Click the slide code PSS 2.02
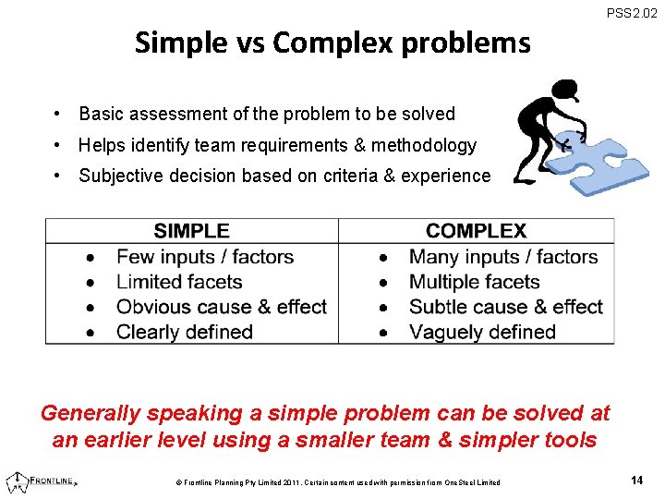[x=632, y=13]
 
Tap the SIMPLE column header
[x=191, y=231]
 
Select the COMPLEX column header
[x=476, y=231]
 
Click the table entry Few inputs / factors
[x=204, y=257]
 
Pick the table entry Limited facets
[x=179, y=282]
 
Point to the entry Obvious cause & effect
[x=222, y=307]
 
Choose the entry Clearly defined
[x=185, y=332]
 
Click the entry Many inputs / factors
[x=503, y=257]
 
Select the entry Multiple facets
[x=474, y=282]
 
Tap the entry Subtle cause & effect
[x=505, y=307]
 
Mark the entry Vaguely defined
[x=482, y=332]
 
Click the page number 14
[x=636, y=481]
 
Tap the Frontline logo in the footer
[x=42, y=481]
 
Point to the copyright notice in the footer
[x=337, y=482]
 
